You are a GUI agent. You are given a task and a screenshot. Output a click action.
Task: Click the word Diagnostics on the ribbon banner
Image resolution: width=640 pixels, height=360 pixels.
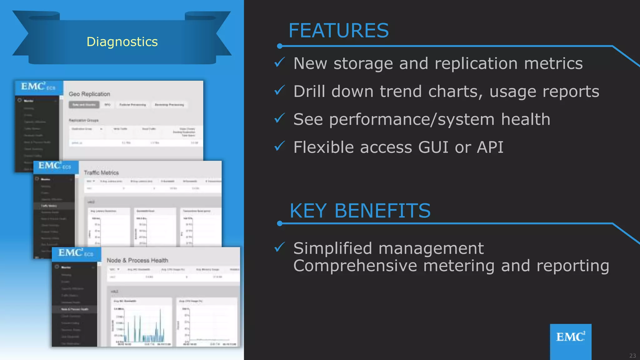[x=122, y=42]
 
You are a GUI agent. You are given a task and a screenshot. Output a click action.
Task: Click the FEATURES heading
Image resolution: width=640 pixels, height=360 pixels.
[x=338, y=31]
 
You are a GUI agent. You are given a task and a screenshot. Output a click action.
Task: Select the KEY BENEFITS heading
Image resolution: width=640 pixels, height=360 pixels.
[x=360, y=211]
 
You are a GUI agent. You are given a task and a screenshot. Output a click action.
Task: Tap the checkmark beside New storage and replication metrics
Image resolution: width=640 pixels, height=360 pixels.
[x=279, y=62]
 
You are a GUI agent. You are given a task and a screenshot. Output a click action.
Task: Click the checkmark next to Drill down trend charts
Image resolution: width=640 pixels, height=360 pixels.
[x=279, y=90]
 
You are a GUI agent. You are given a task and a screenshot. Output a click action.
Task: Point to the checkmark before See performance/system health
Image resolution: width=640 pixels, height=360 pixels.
[x=279, y=118]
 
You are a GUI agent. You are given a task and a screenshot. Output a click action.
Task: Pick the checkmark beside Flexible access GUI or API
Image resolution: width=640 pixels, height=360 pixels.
[x=279, y=146]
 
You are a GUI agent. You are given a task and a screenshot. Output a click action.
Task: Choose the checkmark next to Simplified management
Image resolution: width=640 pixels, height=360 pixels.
[x=279, y=247]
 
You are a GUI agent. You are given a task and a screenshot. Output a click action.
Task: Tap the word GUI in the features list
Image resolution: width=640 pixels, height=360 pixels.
[x=433, y=147]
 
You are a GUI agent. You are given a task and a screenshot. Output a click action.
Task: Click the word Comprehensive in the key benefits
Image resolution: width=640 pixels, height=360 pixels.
[x=355, y=266]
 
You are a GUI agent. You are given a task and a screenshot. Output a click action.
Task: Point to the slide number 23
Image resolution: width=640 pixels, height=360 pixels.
[x=632, y=356]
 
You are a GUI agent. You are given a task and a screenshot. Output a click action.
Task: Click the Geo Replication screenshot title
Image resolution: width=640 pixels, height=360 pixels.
[x=89, y=94]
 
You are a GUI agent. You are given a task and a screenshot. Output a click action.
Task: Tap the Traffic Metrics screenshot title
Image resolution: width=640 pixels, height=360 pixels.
[x=101, y=173]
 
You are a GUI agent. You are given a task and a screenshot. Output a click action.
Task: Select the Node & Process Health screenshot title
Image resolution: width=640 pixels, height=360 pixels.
[x=137, y=260]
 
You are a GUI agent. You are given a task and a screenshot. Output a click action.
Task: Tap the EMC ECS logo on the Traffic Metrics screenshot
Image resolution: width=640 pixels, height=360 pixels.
[x=55, y=166]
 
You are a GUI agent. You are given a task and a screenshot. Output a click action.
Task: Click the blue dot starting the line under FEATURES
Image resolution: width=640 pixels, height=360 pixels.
[x=280, y=46]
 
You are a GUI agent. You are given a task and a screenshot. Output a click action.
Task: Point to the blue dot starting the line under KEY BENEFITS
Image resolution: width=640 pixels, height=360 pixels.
[x=280, y=223]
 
